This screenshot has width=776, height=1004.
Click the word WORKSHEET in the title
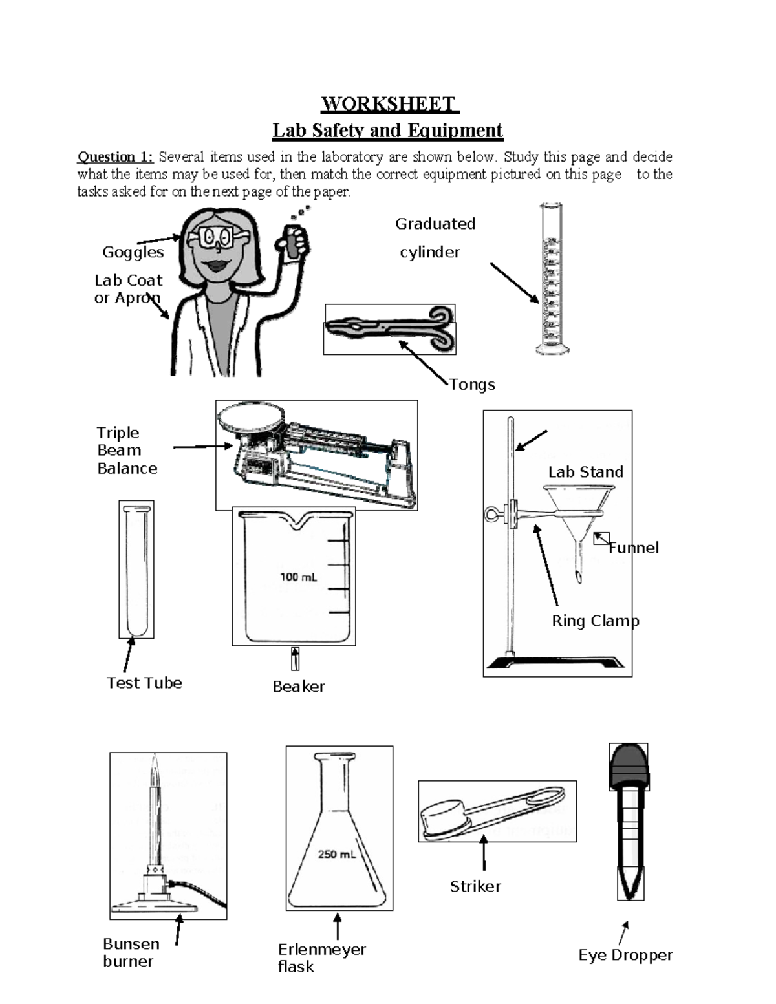(x=389, y=104)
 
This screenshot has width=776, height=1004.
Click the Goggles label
(x=133, y=252)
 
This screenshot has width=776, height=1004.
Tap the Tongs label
(x=472, y=385)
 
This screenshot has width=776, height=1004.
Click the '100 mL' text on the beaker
(x=298, y=577)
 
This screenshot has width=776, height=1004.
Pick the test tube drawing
(x=136, y=569)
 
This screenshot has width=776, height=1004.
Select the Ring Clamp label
(x=595, y=621)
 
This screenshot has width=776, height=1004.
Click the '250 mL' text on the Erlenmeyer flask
(x=336, y=854)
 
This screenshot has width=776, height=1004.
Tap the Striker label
(x=475, y=886)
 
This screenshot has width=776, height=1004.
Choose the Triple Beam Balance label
(x=127, y=451)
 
